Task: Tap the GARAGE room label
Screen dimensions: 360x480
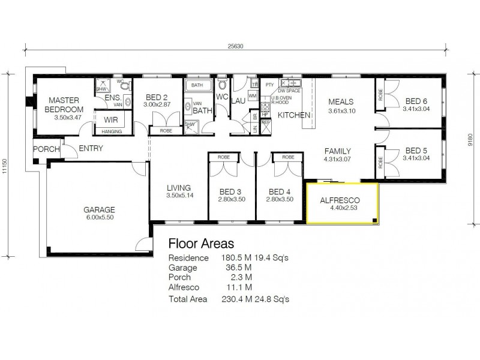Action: tap(99, 210)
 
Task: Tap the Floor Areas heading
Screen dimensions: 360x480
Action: tap(201, 243)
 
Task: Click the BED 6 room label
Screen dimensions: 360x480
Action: tap(416, 101)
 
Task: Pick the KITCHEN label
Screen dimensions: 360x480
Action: tap(293, 115)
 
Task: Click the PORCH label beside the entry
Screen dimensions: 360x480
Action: tap(46, 149)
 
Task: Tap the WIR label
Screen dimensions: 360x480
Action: tap(110, 119)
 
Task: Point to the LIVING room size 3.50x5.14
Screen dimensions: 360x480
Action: tap(179, 196)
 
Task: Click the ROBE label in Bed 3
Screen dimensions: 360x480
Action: tap(224, 157)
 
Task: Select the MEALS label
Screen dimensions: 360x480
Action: tap(341, 102)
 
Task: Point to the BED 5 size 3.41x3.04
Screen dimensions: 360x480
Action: tap(416, 159)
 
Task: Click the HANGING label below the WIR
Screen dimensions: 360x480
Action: tap(112, 131)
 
